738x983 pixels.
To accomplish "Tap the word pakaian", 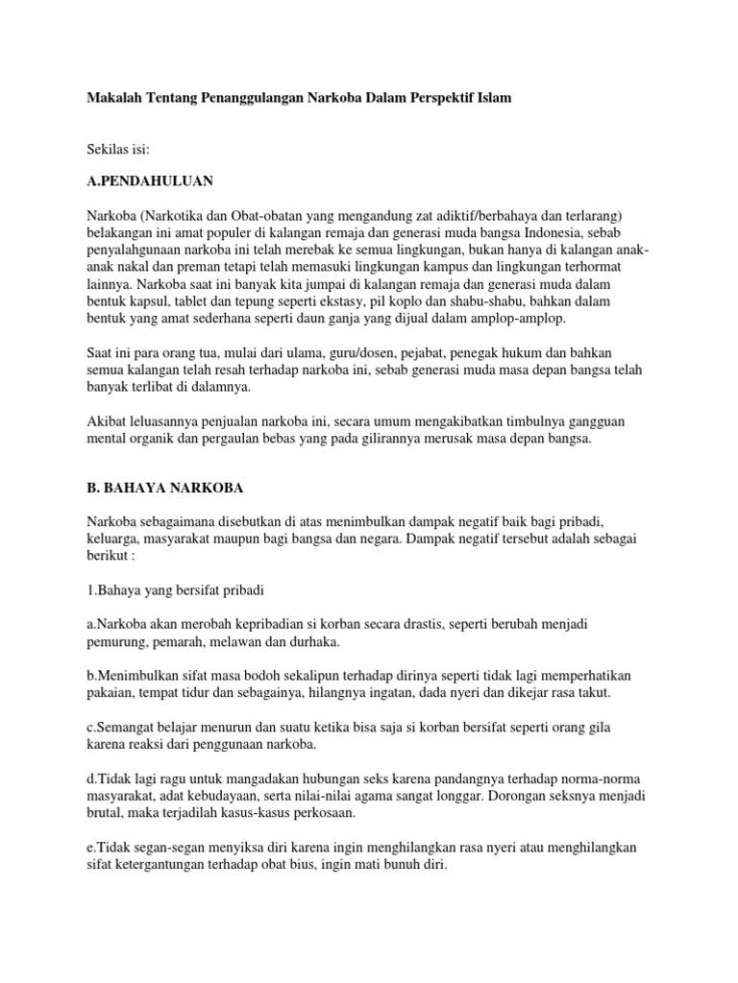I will pos(108,692).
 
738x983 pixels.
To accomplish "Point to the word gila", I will pos(616,726).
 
